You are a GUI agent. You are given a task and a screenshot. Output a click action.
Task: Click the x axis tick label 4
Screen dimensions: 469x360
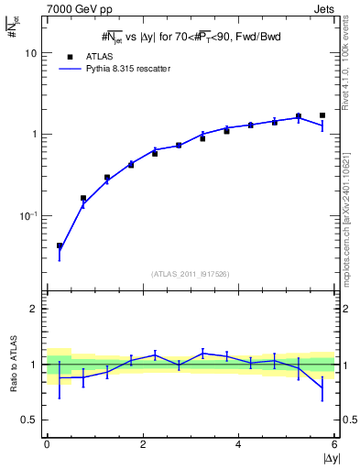click(238, 444)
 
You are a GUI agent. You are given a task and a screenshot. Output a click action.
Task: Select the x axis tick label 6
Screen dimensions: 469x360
click(334, 444)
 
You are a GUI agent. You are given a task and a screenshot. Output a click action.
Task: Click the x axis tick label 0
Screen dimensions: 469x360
click(47, 444)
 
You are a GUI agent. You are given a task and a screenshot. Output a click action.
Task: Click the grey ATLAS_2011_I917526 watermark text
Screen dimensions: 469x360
click(190, 274)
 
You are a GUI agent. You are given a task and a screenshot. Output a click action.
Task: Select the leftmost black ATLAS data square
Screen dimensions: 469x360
click(60, 245)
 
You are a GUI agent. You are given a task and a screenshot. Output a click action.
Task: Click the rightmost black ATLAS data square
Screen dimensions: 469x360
click(322, 115)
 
